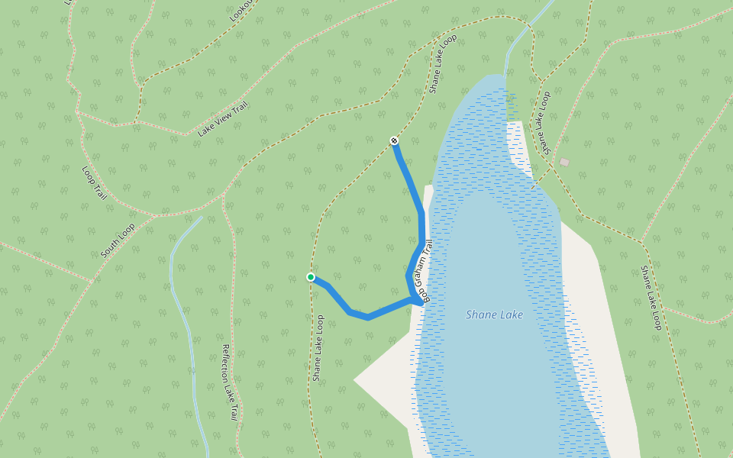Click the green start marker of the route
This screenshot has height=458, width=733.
[x=311, y=277]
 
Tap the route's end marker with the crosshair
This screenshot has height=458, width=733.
[x=394, y=140]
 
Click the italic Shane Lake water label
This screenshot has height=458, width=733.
[x=494, y=314]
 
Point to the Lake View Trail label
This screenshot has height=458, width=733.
[x=223, y=119]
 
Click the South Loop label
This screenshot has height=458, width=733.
[x=118, y=240]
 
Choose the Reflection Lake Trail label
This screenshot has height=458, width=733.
[x=229, y=382]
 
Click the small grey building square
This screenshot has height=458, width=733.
[x=564, y=162]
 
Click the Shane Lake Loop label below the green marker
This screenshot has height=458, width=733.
[x=318, y=348]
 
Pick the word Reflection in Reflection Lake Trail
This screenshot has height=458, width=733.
[x=227, y=363]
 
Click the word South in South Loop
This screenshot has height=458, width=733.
[x=111, y=246]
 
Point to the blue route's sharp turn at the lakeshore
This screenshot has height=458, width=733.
[x=418, y=302]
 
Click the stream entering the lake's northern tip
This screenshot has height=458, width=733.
[x=520, y=38]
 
